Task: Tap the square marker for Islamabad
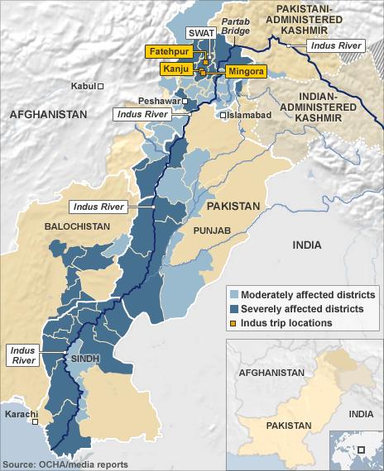(x=223, y=116)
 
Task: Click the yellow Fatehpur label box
(x=172, y=52)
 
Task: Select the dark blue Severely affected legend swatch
(x=233, y=309)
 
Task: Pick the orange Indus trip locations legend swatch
(x=233, y=323)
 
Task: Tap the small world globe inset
(x=356, y=450)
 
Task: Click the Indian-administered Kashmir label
(x=311, y=107)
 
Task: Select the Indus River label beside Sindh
(x=22, y=356)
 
